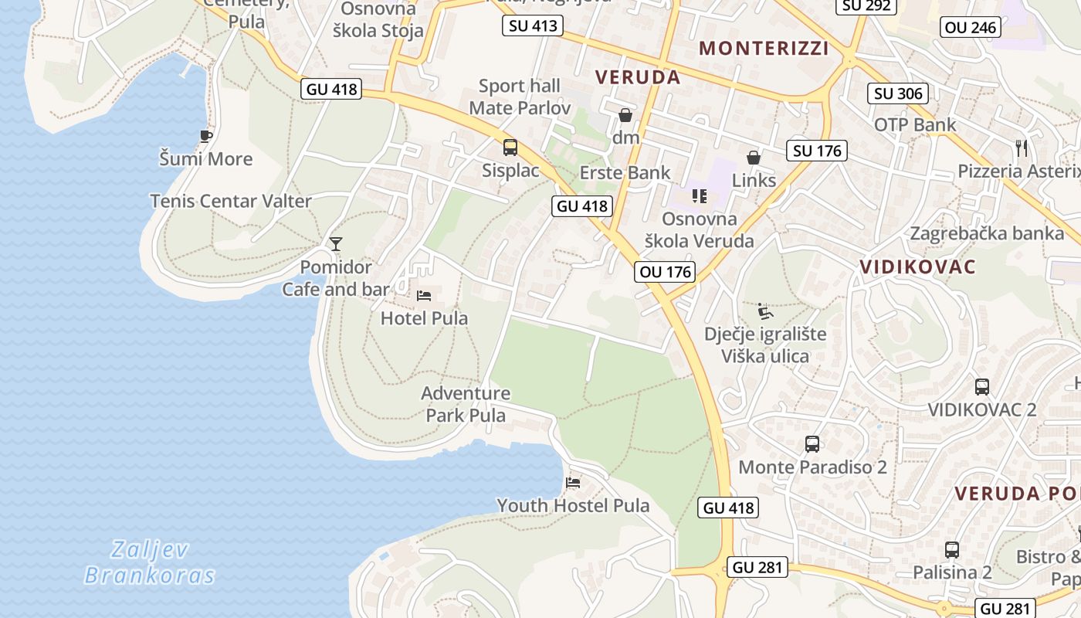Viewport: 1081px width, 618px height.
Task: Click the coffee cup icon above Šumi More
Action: [205, 137]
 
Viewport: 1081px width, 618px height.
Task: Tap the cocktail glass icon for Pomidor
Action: [335, 244]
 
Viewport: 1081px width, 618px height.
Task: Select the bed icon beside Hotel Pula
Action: [424, 295]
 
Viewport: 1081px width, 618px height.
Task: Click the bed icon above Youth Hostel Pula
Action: [573, 483]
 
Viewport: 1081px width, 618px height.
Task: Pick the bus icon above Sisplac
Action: [510, 148]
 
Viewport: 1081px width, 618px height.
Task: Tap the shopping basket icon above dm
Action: [625, 116]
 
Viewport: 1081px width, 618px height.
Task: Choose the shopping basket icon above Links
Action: [754, 158]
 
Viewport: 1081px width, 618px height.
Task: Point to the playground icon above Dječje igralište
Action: [765, 311]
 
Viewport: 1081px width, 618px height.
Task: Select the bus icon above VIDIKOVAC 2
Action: [982, 386]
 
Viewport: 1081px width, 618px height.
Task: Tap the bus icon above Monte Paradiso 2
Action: [812, 444]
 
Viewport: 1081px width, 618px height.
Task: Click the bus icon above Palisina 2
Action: [952, 550]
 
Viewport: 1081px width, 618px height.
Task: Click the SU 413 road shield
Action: [533, 26]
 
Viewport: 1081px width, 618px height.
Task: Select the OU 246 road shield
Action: [971, 28]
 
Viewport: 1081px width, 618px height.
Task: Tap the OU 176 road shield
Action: [666, 272]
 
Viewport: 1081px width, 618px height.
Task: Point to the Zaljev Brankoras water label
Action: [150, 562]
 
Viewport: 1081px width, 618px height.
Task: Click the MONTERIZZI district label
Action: [764, 49]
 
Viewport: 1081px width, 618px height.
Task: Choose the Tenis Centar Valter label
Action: [231, 201]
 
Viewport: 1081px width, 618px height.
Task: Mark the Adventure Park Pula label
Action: [466, 404]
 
